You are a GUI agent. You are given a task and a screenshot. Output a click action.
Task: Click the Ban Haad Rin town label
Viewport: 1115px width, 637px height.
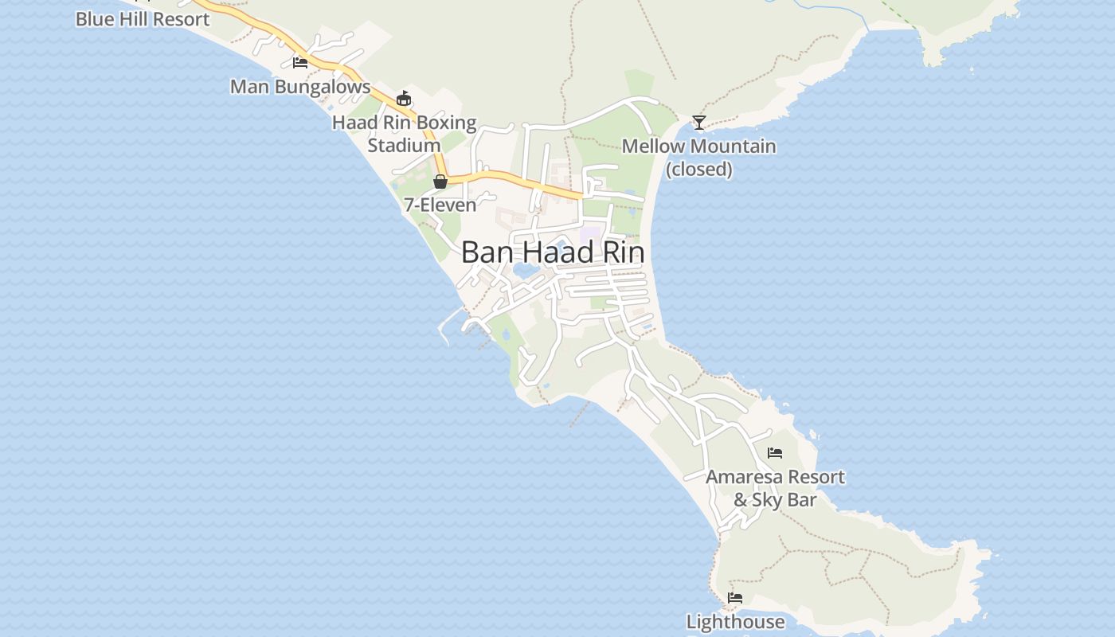tap(552, 252)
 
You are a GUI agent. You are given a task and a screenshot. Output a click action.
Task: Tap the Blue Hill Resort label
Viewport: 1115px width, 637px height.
tap(143, 19)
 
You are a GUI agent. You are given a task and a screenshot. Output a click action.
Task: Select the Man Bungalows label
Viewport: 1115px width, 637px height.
tap(300, 87)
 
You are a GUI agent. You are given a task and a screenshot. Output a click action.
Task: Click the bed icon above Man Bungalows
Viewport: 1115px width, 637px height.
tap(300, 62)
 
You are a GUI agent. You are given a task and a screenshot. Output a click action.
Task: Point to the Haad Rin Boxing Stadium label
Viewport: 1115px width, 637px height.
tap(405, 134)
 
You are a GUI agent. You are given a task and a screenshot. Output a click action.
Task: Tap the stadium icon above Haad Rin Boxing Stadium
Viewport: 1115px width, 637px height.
tap(404, 98)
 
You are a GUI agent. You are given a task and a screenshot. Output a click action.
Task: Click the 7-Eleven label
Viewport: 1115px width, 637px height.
tap(440, 205)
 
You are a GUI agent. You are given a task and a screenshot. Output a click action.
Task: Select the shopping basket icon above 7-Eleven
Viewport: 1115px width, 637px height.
tap(440, 182)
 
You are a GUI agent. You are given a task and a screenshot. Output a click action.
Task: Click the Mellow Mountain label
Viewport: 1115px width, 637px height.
tap(698, 147)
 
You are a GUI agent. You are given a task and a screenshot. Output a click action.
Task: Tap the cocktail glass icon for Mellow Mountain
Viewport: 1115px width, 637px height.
tap(698, 122)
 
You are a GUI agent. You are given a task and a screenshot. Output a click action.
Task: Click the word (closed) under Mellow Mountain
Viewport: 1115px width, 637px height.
tap(698, 169)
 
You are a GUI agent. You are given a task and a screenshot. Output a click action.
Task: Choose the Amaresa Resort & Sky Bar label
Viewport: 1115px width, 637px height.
tap(775, 488)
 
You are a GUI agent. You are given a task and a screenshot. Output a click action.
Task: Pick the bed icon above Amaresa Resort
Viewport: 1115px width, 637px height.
tap(775, 453)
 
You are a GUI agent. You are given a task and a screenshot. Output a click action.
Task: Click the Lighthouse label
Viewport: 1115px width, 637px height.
tap(735, 622)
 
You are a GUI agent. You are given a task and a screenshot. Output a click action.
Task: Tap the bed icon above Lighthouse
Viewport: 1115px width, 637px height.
tap(735, 598)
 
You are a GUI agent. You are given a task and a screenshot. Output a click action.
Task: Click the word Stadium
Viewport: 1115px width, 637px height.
tap(404, 146)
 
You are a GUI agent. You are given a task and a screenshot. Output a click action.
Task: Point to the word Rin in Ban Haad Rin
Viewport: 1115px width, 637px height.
tap(622, 252)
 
